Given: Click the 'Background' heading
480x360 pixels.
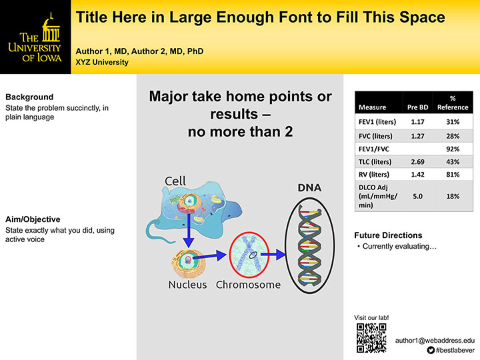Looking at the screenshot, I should pos(29,97).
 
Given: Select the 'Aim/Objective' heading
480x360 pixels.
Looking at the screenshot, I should pos(33,219).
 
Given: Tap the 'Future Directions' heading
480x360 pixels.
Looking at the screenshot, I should pos(388,235).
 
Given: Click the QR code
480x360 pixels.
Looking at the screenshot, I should pos(372,337).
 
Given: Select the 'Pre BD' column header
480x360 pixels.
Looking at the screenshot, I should pos(417,107).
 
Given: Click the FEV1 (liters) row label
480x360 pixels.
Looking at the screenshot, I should pos(377,122).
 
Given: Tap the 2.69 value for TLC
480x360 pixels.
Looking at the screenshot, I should pos(417,161).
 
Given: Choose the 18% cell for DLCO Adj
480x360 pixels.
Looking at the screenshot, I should pos(453,196).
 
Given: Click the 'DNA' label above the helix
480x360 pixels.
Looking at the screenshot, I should pos(309,189).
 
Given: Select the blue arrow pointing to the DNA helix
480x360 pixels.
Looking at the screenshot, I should pos(273,254).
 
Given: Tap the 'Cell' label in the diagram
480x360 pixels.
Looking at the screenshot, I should pos(176,181).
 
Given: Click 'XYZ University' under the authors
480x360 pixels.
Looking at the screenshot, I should pos(102,62).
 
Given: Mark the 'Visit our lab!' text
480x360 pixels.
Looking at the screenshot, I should pos(373,317).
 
